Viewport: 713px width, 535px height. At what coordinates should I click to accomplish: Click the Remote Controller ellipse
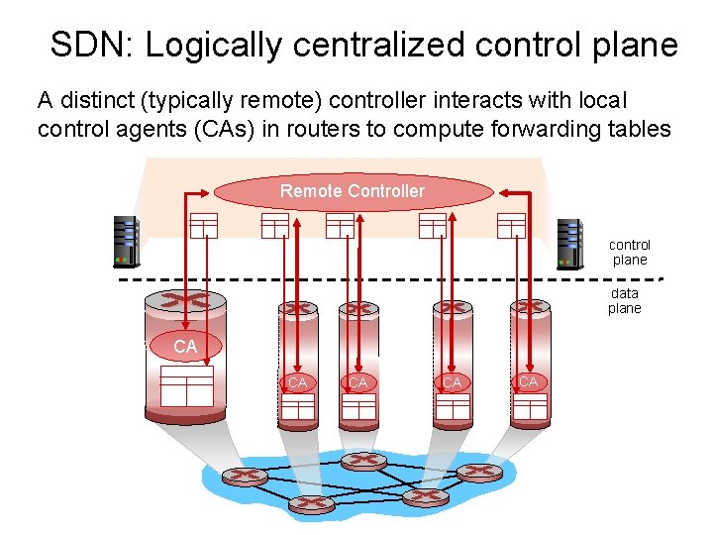coord(353,191)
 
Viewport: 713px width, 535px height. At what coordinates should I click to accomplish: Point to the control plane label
coord(630,252)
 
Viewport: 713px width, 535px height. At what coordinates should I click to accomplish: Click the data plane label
coord(625,300)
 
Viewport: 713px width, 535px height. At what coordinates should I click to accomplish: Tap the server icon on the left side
coord(126,242)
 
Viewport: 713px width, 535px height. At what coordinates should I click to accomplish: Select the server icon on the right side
coord(569,244)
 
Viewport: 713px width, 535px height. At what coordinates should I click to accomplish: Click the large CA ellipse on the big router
coord(185,346)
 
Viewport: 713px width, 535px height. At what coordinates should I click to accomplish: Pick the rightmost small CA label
coord(528,381)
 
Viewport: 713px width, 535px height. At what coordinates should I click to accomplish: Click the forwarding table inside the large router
coord(186,385)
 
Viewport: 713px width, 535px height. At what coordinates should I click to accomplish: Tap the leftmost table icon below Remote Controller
coord(203,225)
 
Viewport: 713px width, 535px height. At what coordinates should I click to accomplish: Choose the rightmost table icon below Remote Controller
coord(510,225)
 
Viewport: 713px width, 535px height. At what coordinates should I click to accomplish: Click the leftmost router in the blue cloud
coord(239,476)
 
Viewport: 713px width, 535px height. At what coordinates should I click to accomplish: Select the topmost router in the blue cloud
coord(363,461)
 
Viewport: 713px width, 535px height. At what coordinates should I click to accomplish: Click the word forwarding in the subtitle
coord(531,129)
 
